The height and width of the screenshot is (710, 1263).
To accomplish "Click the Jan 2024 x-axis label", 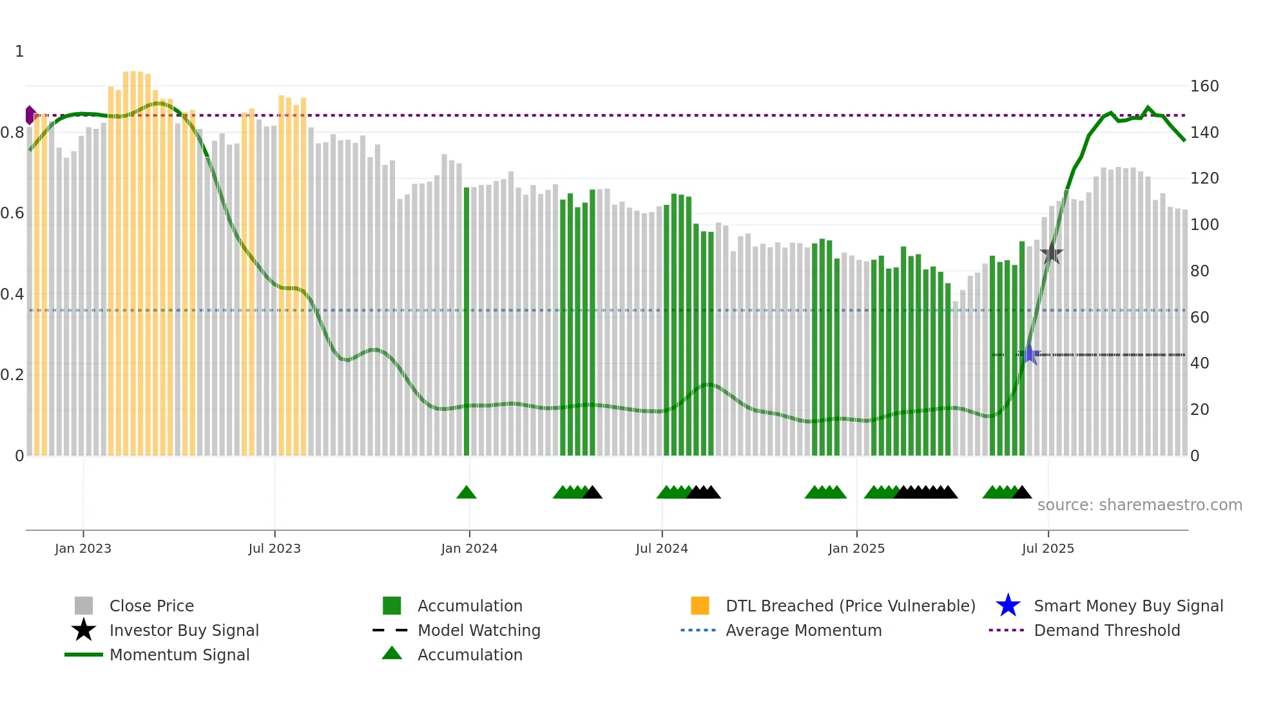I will click(469, 548).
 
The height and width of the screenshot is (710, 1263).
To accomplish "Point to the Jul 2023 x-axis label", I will click(275, 548).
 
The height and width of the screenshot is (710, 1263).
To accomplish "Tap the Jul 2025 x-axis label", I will click(1048, 548).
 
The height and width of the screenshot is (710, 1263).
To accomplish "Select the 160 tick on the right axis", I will click(1204, 86).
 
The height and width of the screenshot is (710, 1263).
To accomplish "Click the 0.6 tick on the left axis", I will click(12, 213).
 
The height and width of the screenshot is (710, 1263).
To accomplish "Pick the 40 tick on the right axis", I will click(1199, 363).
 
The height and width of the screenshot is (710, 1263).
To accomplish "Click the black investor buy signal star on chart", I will click(1052, 253).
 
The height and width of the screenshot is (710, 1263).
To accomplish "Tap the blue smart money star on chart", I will click(1029, 354).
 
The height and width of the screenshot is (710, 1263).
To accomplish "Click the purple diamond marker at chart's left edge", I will click(30, 115).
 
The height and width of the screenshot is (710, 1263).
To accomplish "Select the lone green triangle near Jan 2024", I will click(466, 493).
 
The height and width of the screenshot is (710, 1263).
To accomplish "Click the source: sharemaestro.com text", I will click(1139, 505).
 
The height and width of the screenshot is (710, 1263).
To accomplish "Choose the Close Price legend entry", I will click(151, 606).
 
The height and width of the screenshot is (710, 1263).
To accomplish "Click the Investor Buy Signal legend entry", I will click(184, 631).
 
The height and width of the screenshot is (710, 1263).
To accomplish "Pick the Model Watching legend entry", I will click(479, 631).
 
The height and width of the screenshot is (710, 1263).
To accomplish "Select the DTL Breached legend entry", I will click(850, 606).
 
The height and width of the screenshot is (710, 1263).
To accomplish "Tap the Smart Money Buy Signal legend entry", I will click(1128, 606).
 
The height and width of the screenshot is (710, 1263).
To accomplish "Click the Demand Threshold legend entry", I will click(1106, 631).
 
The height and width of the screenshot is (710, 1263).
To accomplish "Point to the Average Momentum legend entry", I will click(803, 631).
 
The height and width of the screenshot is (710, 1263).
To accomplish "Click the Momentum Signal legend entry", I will click(179, 655).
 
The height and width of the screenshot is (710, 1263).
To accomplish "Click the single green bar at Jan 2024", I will click(467, 322).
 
